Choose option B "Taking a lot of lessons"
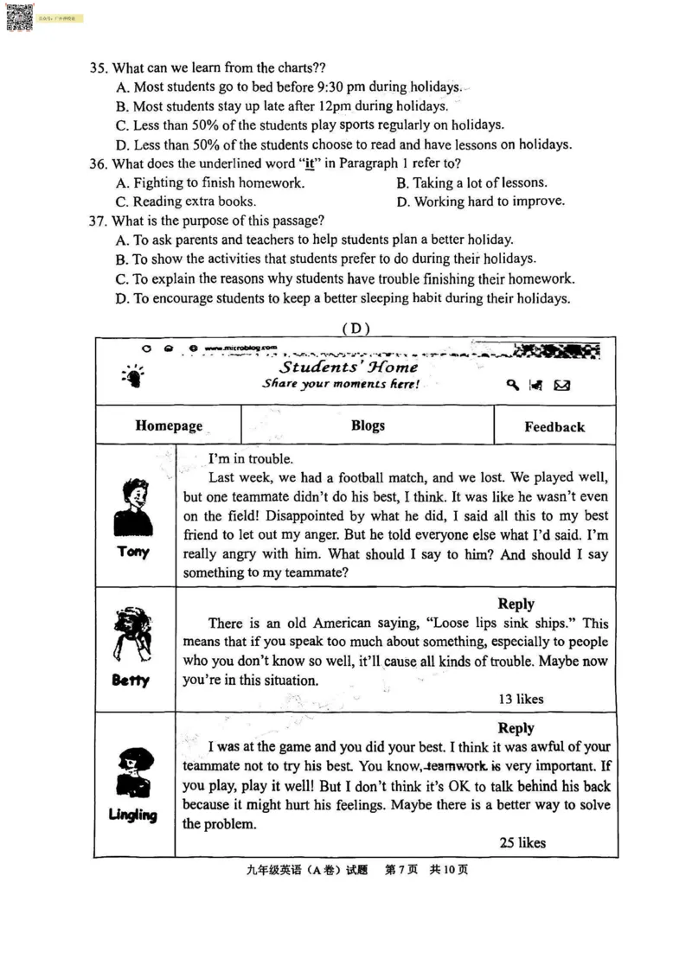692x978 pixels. [471, 182]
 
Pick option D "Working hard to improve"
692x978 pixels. [480, 201]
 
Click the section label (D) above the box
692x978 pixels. [356, 328]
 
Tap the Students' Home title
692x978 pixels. [349, 367]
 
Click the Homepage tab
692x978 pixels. [169, 425]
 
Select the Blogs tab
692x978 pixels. [368, 425]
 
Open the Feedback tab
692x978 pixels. [554, 426]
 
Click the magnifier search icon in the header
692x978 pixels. [513, 385]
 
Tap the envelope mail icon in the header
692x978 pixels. [561, 385]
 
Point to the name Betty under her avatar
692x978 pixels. [131, 681]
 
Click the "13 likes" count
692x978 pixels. [521, 699]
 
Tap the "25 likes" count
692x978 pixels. [522, 842]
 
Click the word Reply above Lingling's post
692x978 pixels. [516, 728]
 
